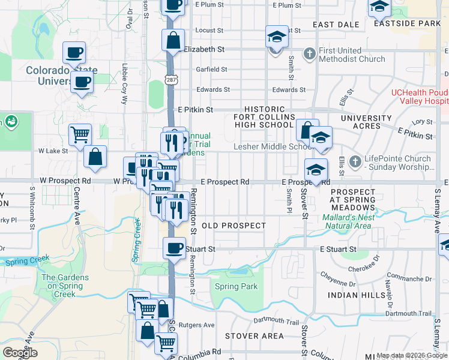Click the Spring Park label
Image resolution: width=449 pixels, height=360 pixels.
[236, 287]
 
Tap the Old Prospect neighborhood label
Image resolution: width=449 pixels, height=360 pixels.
[234, 226]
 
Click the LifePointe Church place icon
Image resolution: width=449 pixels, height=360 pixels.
[355, 161]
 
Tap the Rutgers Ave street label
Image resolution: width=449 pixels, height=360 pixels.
[201, 325]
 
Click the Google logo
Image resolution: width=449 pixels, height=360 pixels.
[20, 353]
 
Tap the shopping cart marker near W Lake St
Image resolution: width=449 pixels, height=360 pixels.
[80, 134]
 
